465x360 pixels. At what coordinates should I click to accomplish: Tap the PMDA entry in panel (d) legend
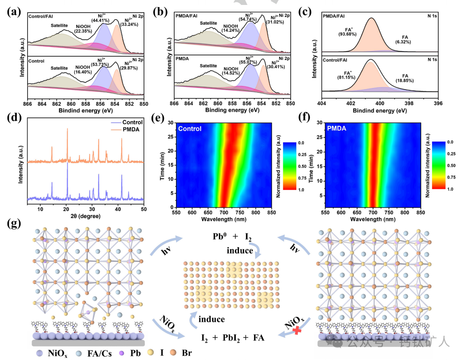[133, 129]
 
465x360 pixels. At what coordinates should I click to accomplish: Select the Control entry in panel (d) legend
[133, 122]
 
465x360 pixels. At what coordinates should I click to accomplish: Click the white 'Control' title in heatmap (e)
[190, 128]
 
